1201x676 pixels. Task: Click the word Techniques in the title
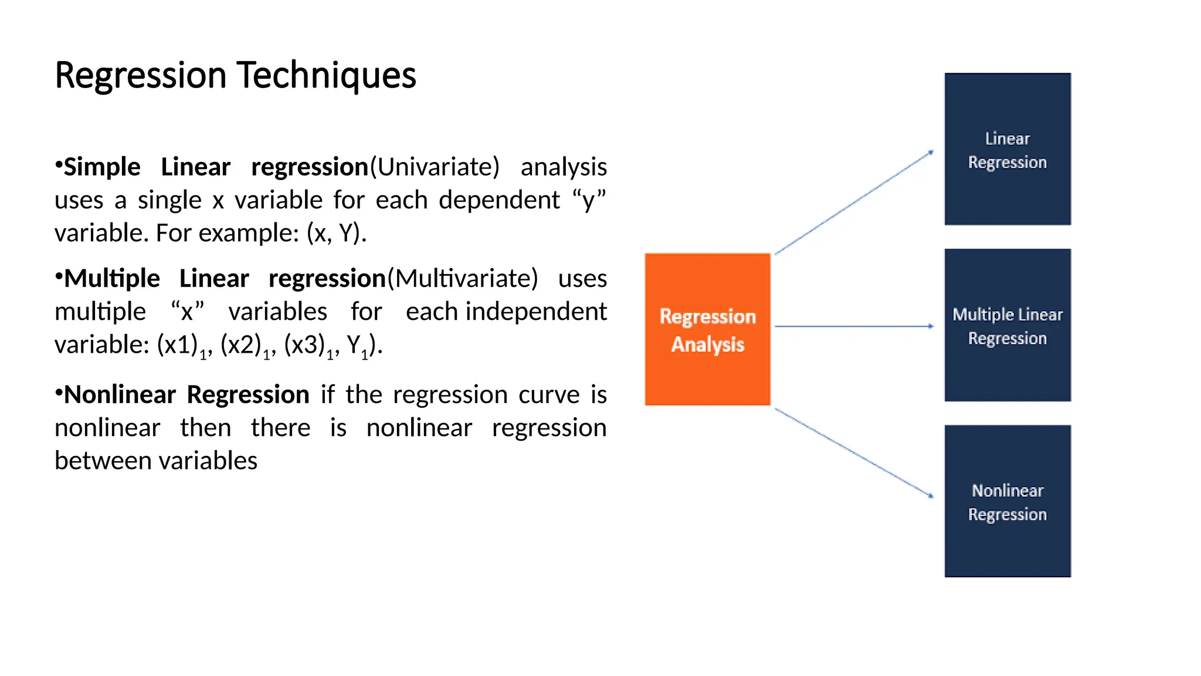coord(327,76)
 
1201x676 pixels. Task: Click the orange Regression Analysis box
coord(707,330)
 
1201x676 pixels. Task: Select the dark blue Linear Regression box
coord(1007,150)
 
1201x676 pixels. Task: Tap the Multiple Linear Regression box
coord(1007,326)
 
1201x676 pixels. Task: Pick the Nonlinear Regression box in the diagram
coord(1007,502)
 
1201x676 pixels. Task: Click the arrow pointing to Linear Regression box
coord(854,202)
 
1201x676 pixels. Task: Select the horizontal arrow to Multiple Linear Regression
coord(854,326)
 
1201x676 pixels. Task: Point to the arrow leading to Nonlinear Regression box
coord(854,453)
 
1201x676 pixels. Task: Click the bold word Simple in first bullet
coord(102,167)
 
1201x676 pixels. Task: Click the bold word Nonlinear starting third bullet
coord(120,395)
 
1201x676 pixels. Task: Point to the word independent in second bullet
coord(536,312)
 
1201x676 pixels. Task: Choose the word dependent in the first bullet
coord(499,201)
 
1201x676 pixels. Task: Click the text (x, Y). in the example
coord(337,234)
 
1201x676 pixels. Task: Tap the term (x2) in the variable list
coord(240,345)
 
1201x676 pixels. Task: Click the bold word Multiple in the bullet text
coord(111,279)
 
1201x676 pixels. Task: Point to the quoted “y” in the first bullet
coord(589,201)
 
